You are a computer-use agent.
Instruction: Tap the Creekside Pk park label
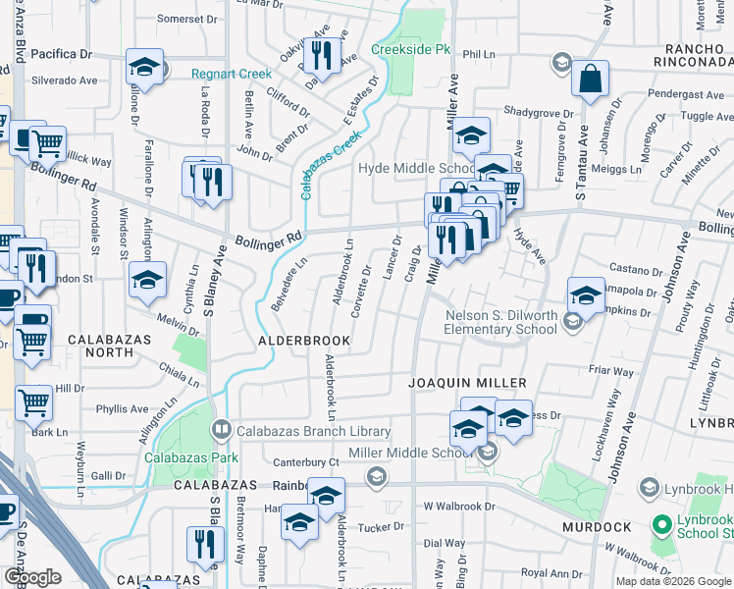[409, 50]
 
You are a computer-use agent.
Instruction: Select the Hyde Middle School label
[417, 168]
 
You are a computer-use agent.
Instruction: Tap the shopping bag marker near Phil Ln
[591, 81]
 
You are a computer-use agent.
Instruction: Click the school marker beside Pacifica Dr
[144, 69]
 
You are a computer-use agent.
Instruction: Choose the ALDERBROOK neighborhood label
[303, 341]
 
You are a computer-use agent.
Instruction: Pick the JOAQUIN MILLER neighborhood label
[468, 382]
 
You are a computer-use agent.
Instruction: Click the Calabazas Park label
[191, 457]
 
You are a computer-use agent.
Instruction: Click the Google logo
[32, 577]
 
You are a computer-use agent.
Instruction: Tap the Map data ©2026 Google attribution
[673, 581]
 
